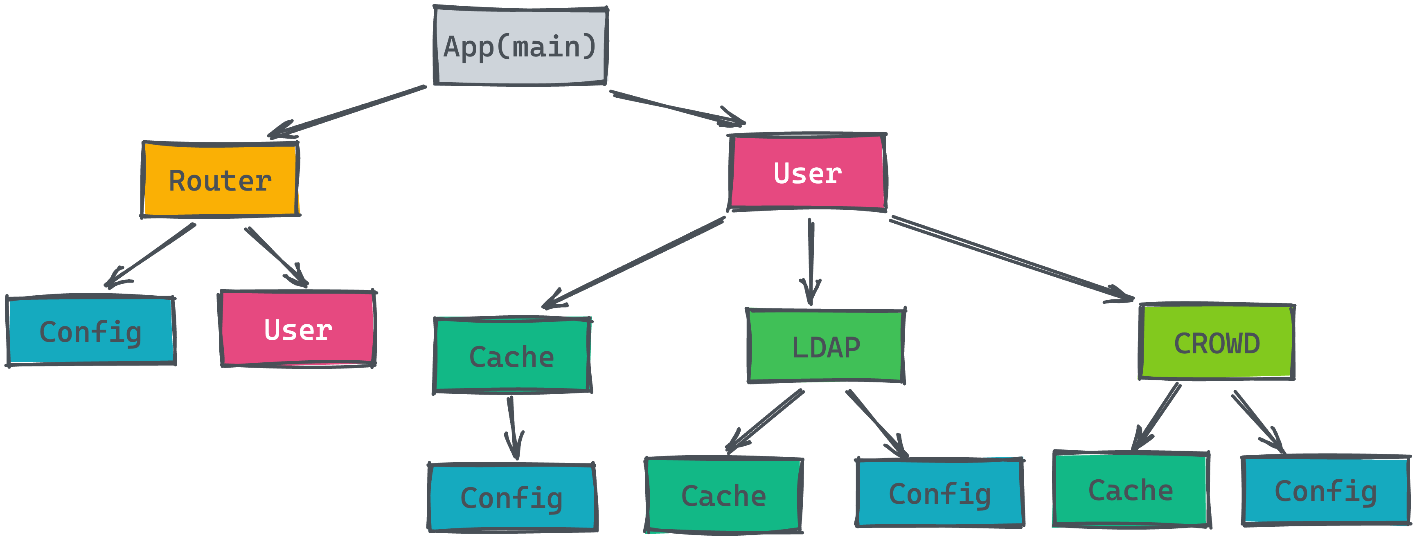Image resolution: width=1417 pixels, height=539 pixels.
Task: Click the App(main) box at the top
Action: click(x=520, y=46)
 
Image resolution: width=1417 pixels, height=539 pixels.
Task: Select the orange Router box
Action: click(x=220, y=180)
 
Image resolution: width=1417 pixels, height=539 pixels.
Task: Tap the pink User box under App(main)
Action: click(x=807, y=173)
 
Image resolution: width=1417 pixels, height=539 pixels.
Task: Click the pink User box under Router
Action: click(x=297, y=329)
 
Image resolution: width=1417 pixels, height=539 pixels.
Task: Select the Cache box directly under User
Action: click(x=511, y=356)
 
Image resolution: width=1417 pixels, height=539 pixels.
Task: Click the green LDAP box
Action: click(x=825, y=346)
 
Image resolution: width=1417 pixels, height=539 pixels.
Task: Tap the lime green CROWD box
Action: click(x=1216, y=343)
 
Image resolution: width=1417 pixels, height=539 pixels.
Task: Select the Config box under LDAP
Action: click(x=939, y=493)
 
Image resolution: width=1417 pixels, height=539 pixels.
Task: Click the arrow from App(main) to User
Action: click(x=677, y=107)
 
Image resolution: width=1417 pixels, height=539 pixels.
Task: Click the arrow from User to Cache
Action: click(x=633, y=263)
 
